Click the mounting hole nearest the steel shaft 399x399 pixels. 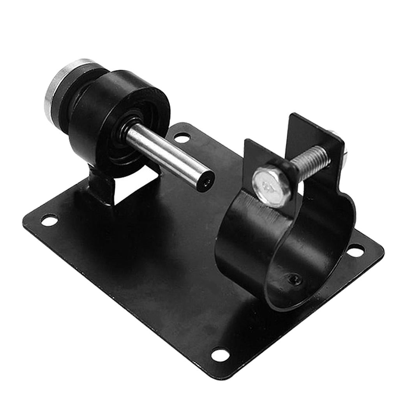[x=182, y=137]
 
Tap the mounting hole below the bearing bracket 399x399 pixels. [x=49, y=221]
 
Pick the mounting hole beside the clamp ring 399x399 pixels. [x=355, y=251]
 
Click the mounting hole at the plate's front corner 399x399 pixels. [x=220, y=355]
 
